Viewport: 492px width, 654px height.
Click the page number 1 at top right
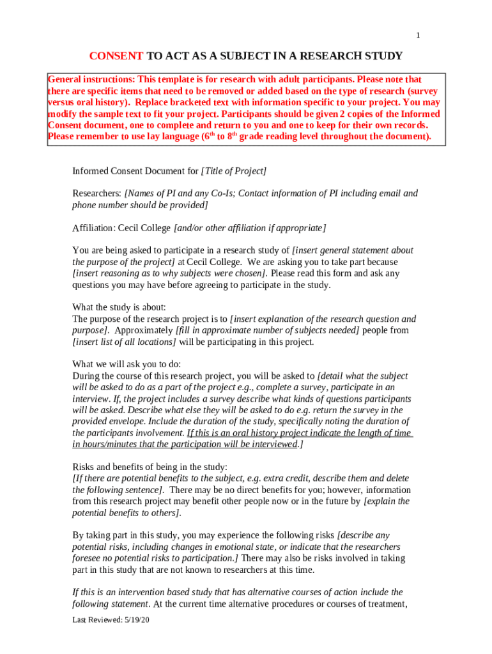tap(418, 35)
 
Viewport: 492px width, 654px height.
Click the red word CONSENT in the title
tap(116, 56)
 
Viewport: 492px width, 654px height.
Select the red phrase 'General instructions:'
tap(91, 80)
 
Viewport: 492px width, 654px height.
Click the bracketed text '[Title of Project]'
tap(234, 171)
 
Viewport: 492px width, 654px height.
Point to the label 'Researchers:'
tap(97, 194)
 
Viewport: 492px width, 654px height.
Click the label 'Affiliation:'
tap(94, 228)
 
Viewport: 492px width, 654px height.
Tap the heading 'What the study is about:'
tap(119, 307)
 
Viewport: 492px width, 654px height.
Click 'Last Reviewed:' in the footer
tap(95, 620)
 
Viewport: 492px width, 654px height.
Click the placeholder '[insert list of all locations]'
tap(125, 342)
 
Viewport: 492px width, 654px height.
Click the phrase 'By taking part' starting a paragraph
tap(102, 535)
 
